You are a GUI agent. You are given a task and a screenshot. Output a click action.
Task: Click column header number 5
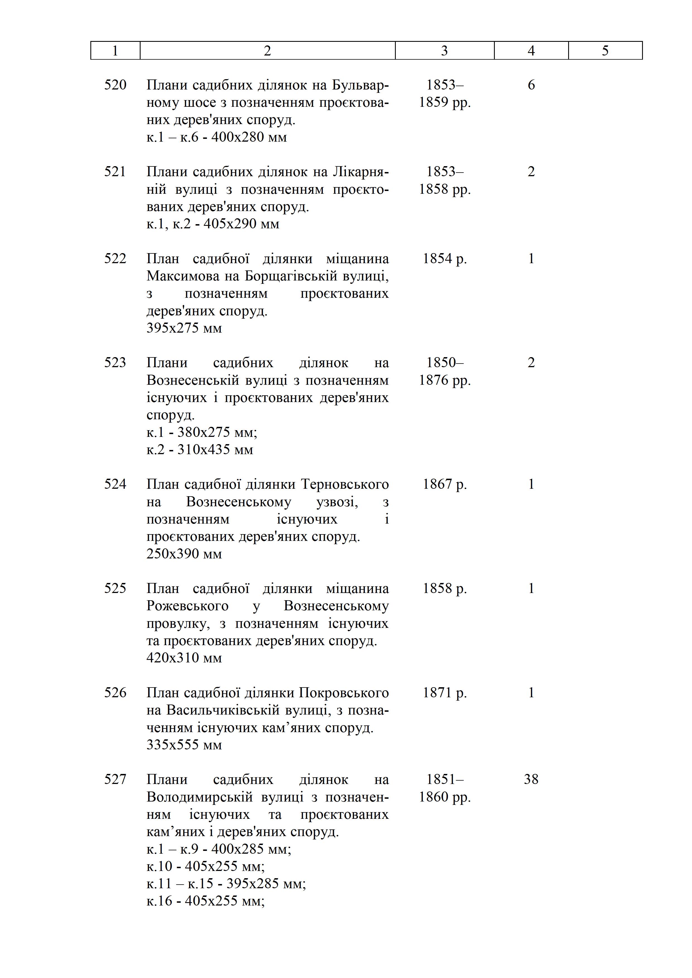click(605, 51)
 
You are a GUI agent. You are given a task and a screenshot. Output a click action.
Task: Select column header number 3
click(444, 51)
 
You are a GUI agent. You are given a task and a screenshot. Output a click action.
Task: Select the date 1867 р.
click(444, 484)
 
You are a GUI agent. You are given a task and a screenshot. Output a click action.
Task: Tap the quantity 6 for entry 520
click(531, 85)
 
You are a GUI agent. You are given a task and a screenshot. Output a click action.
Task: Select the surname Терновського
click(345, 484)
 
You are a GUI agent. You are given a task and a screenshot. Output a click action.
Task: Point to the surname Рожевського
click(187, 606)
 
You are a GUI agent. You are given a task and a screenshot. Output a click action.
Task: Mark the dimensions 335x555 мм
click(184, 745)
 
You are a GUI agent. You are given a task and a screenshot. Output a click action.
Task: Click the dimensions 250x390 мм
click(184, 554)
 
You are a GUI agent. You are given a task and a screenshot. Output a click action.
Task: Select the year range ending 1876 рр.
click(444, 380)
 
